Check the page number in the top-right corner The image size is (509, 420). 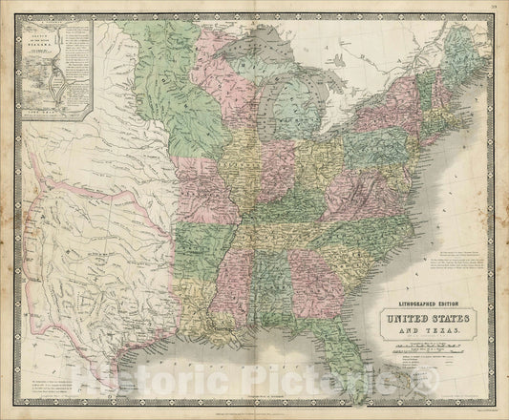[494, 9]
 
